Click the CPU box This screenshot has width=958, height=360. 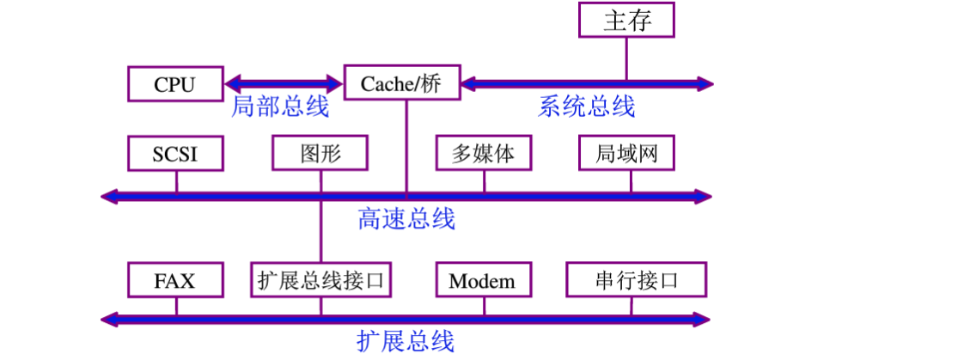click(175, 84)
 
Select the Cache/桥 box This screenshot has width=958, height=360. click(401, 84)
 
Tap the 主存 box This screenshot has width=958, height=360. click(626, 21)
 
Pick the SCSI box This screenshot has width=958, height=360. click(175, 155)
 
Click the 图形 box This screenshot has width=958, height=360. click(320, 155)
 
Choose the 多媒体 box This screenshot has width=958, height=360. click(483, 155)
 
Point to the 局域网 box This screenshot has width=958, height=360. click(626, 155)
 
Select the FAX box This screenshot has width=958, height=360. click(175, 281)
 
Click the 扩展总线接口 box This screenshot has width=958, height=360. click(323, 281)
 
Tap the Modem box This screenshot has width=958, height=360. click(482, 281)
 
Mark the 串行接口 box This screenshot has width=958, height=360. click(636, 281)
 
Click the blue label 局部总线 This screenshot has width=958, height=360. click(280, 107)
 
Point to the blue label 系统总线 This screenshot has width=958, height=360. click(587, 107)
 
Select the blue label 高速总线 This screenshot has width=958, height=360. click(406, 219)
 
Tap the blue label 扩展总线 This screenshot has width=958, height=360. click(406, 341)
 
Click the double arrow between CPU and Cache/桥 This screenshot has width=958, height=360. click(284, 84)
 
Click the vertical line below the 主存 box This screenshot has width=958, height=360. click(626, 58)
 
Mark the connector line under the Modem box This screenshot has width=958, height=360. click(483, 307)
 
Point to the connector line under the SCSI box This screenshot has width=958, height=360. click(176, 181)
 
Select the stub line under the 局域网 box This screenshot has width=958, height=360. click(631, 181)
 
